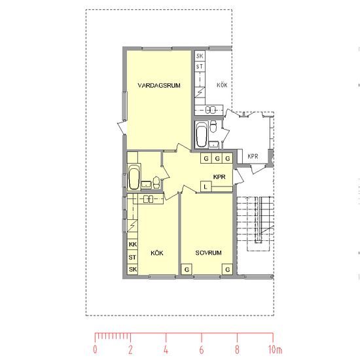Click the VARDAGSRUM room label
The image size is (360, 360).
coord(159,85)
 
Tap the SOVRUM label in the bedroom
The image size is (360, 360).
coord(208,253)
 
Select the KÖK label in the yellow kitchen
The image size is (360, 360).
coord(157,253)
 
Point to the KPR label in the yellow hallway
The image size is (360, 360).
coord(219,177)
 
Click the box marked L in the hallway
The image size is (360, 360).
coord(206,187)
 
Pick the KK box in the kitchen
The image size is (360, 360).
coord(132,244)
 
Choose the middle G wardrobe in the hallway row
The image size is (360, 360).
coord(217,158)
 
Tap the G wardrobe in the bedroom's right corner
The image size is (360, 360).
coord(228,269)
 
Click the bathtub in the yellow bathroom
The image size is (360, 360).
coord(134,177)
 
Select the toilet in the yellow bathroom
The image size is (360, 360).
coord(156,183)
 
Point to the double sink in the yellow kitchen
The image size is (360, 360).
coord(149,199)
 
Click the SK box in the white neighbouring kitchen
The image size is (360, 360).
coord(200,56)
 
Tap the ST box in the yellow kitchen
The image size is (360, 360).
coord(132,257)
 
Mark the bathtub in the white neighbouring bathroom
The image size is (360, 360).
coord(202,135)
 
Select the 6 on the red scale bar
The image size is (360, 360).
coord(202,350)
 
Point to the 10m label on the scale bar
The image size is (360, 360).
coord(275,350)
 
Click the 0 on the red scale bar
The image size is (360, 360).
coord(95,350)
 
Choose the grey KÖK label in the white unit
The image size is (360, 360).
coord(222,85)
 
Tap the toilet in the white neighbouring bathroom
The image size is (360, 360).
coord(213,126)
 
